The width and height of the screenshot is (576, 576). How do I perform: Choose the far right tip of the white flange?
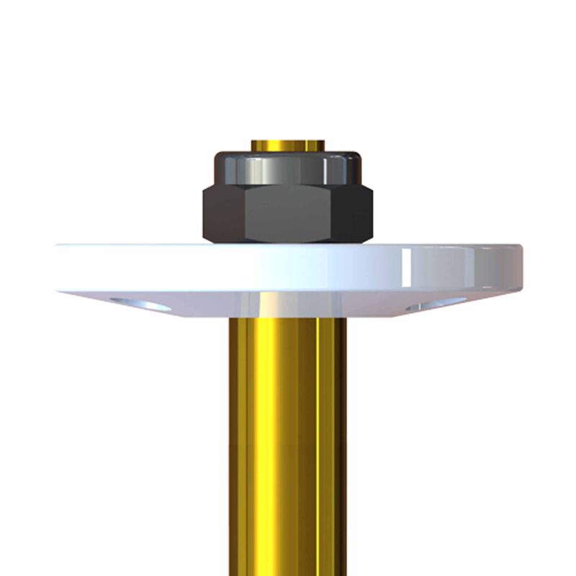[x=521, y=266]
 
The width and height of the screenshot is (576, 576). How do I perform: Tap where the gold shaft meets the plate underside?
[x=288, y=318]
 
